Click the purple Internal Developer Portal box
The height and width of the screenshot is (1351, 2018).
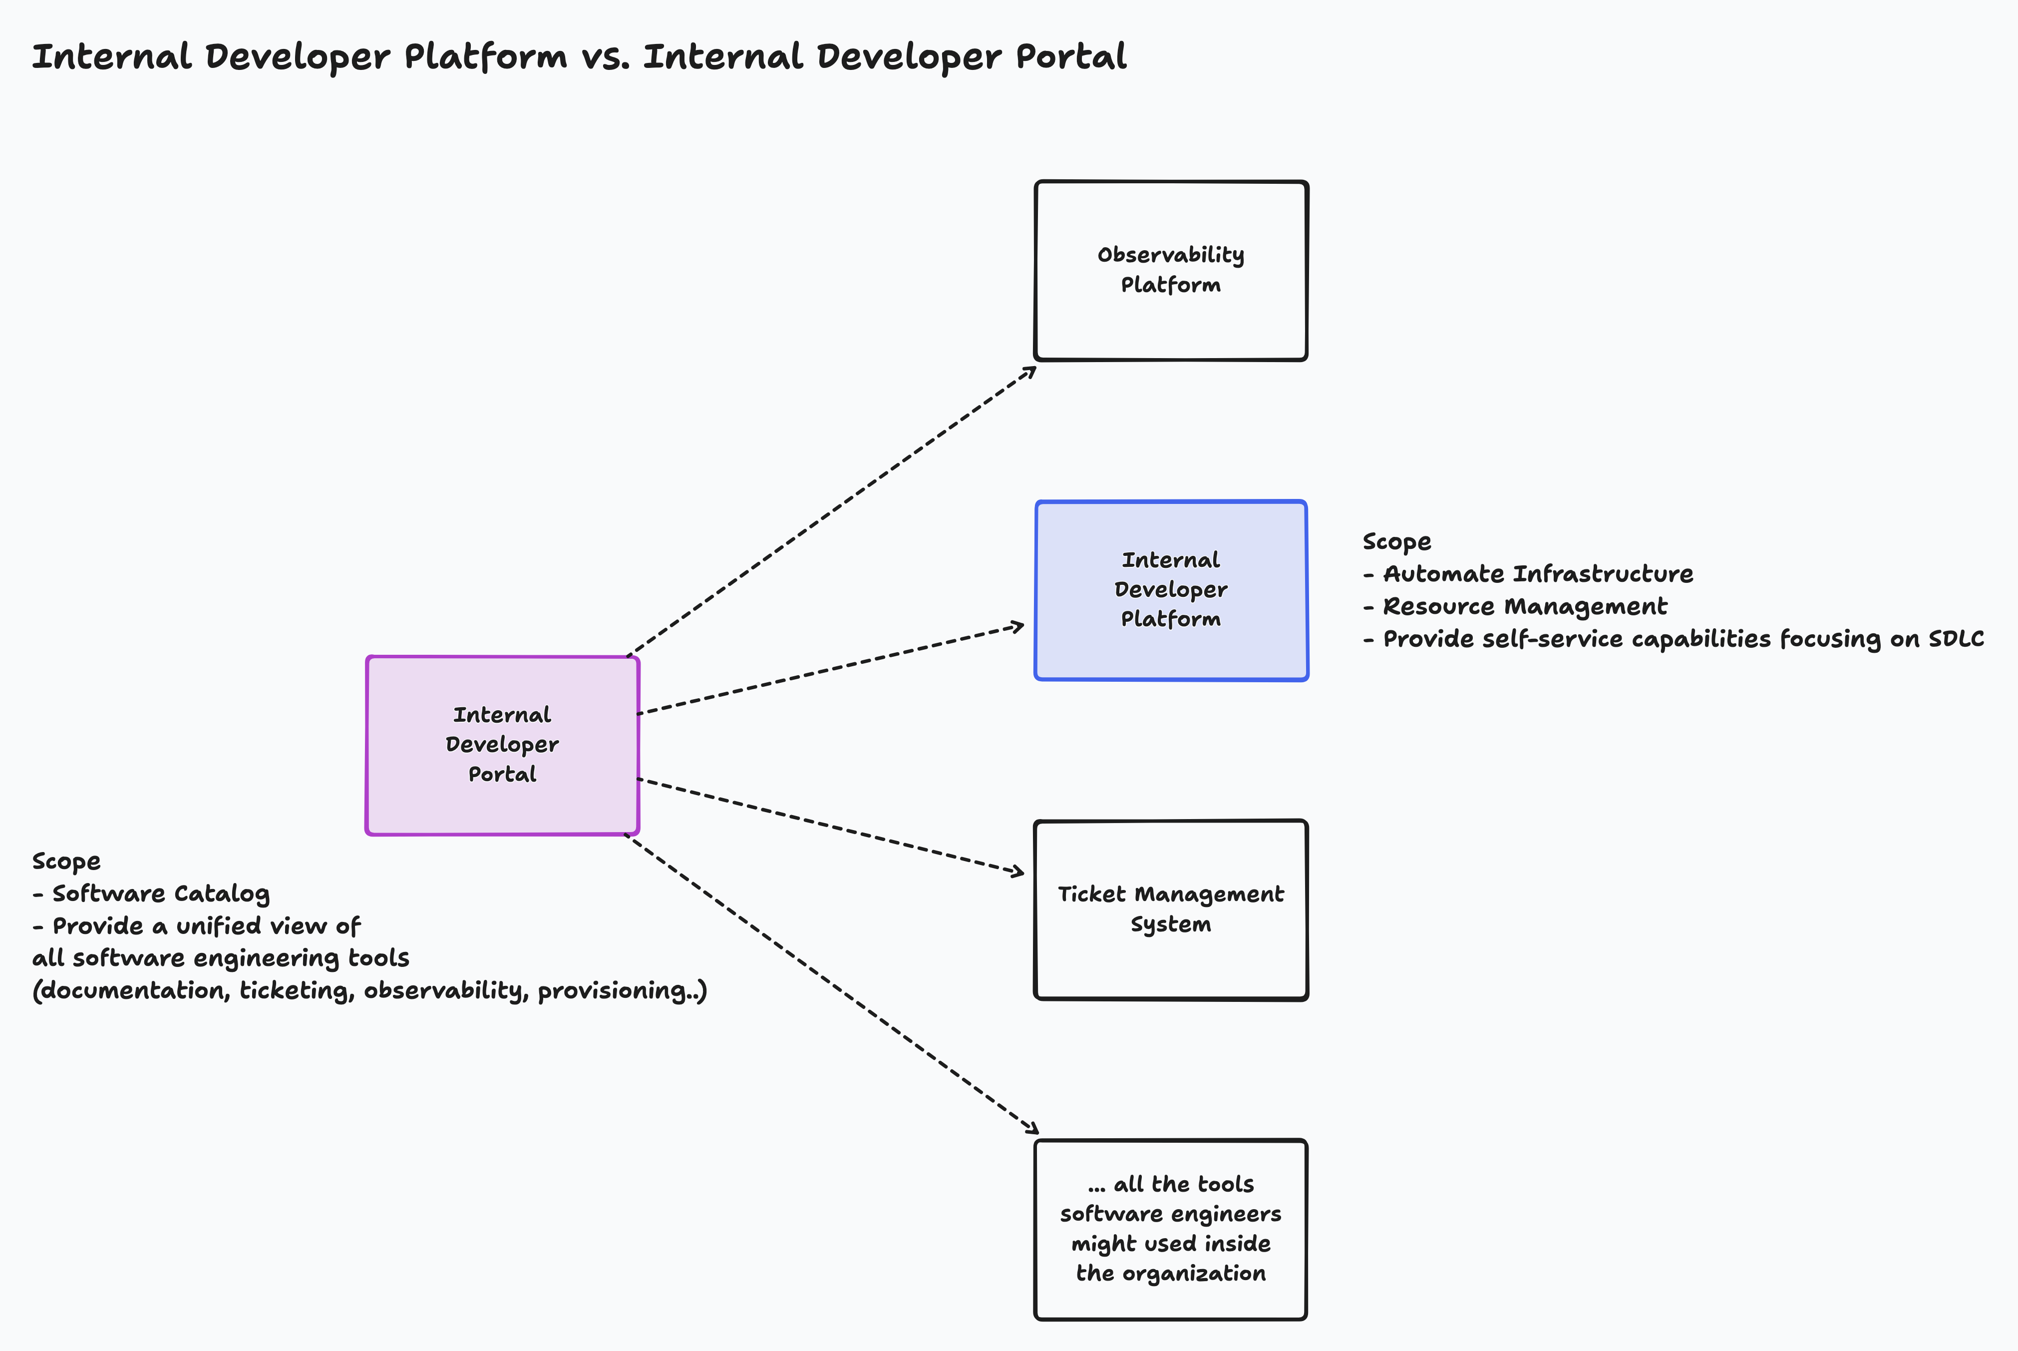(x=502, y=745)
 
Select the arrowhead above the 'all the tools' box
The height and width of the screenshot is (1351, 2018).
(x=1032, y=1129)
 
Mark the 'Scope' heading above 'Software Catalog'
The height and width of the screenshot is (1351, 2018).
(x=66, y=862)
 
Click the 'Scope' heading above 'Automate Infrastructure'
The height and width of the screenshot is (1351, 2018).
(x=1396, y=542)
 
